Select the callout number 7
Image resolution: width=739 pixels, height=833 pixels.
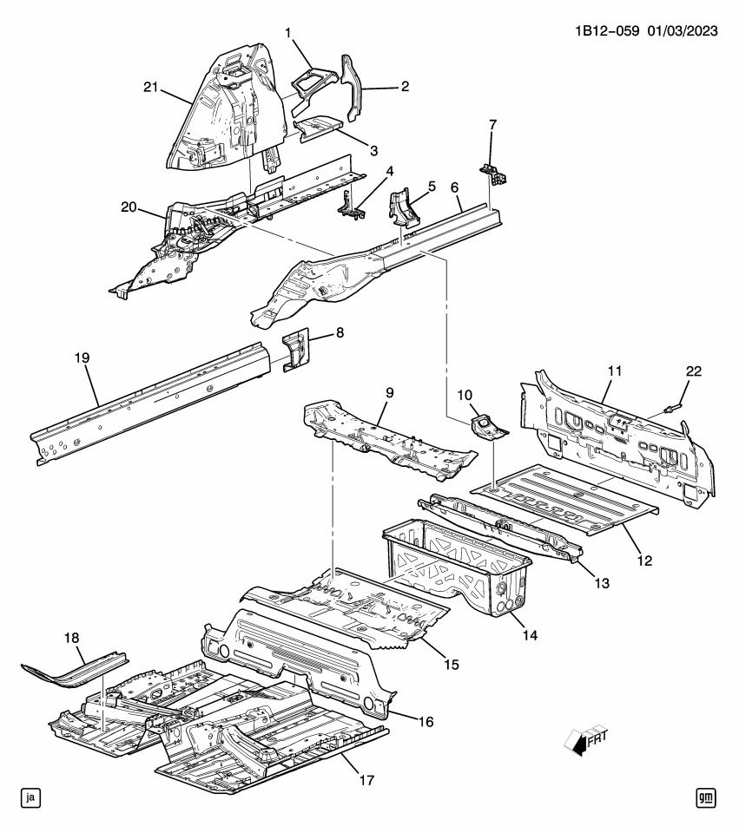click(x=492, y=125)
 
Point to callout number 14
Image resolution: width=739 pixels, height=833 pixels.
click(x=530, y=636)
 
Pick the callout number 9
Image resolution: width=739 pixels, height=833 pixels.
click(x=390, y=393)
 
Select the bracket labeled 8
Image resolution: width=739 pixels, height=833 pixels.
click(x=296, y=349)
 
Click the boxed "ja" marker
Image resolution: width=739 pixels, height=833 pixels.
click(x=30, y=797)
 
